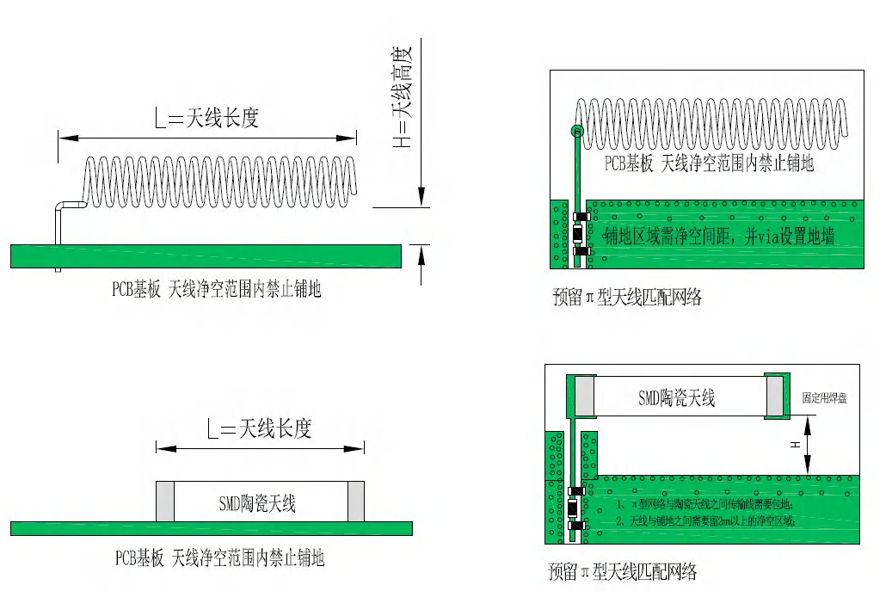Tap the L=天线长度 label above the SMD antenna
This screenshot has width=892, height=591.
[x=259, y=428]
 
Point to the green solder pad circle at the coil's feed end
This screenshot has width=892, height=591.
[x=576, y=132]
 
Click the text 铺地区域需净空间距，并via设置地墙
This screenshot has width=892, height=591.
[x=718, y=237]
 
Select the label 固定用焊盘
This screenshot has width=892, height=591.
[x=825, y=398]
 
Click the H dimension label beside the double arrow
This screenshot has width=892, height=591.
[x=796, y=444]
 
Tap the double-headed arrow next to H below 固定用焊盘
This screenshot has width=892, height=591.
[x=809, y=444]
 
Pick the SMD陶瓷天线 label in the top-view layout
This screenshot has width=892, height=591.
[x=676, y=397]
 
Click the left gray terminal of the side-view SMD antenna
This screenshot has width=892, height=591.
[x=164, y=502]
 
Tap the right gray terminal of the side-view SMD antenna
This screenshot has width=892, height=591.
[x=356, y=502]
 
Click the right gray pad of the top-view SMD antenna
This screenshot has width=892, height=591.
[x=776, y=396]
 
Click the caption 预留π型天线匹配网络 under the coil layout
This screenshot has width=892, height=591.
[x=627, y=299]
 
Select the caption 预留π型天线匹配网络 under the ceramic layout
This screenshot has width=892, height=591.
[x=622, y=571]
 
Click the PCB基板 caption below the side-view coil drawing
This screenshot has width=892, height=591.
[x=216, y=290]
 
